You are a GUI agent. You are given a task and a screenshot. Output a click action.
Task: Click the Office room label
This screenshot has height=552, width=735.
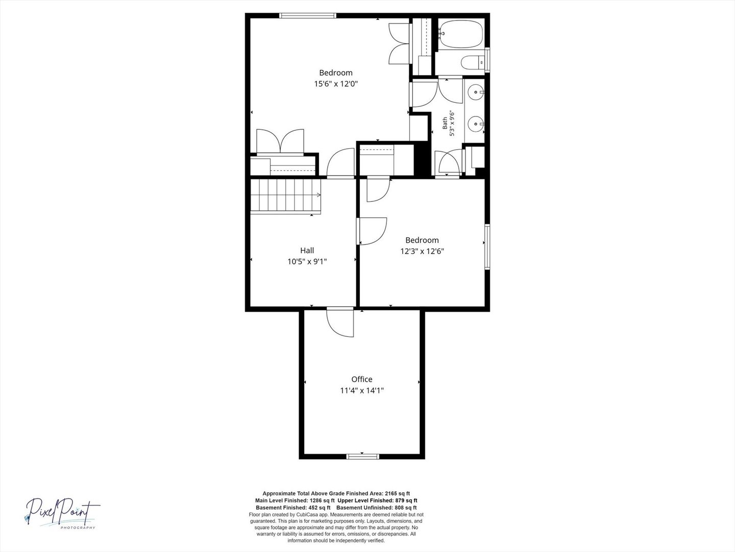click(x=362, y=379)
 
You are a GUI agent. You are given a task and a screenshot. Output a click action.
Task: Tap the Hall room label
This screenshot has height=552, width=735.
click(x=307, y=250)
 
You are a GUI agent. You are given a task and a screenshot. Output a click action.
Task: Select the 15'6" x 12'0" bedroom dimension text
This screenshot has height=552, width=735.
click(x=336, y=84)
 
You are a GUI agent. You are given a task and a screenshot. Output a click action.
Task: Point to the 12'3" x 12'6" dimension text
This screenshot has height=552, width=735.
click(x=422, y=251)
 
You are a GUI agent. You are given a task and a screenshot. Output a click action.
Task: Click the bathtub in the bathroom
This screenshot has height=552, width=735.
click(x=461, y=34)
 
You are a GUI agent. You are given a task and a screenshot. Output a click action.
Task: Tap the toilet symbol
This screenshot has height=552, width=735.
click(x=473, y=62)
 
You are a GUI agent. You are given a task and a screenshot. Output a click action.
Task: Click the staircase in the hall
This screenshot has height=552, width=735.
click(x=286, y=196)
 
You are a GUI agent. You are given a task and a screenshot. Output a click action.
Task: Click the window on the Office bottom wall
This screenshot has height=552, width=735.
click(x=362, y=456)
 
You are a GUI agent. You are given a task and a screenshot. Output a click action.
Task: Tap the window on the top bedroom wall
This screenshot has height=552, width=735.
click(x=308, y=15)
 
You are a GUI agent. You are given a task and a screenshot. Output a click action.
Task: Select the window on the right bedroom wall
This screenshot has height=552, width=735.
click(x=487, y=247)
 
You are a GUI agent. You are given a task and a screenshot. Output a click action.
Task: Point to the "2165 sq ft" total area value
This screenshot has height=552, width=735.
click(x=398, y=493)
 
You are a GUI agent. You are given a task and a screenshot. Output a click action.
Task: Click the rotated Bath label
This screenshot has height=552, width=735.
click(x=445, y=123)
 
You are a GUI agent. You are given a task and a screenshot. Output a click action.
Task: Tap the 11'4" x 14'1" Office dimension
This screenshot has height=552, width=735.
click(x=362, y=390)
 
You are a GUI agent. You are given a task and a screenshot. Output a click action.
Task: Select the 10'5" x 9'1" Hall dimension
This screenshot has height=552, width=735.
click(x=307, y=261)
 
